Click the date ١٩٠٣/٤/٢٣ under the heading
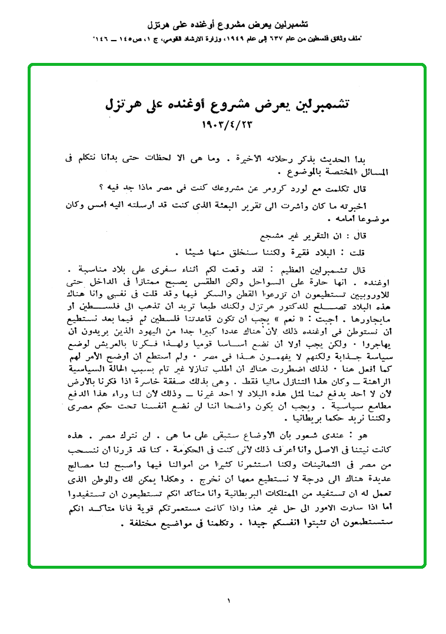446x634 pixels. [x=225, y=124]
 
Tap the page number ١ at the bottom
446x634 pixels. [x=228, y=600]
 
